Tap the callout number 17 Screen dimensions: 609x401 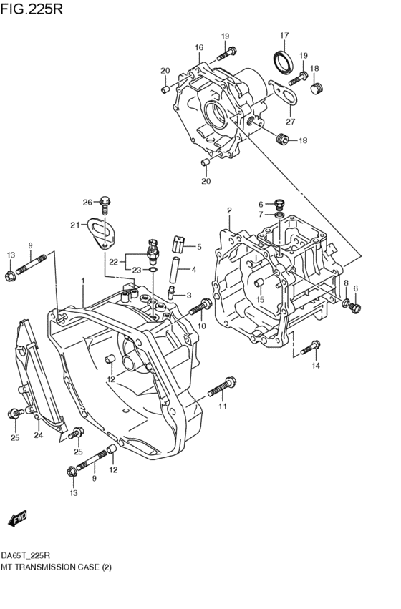coord(284,36)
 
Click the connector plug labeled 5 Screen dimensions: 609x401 coord(180,246)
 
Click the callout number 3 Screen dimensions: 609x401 coord(189,295)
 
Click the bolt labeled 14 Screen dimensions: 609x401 coord(309,348)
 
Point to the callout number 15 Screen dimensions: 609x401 coord(261,299)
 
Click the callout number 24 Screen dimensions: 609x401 coord(38,434)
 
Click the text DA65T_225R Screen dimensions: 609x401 coord(25,555)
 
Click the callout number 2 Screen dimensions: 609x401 coord(229,210)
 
